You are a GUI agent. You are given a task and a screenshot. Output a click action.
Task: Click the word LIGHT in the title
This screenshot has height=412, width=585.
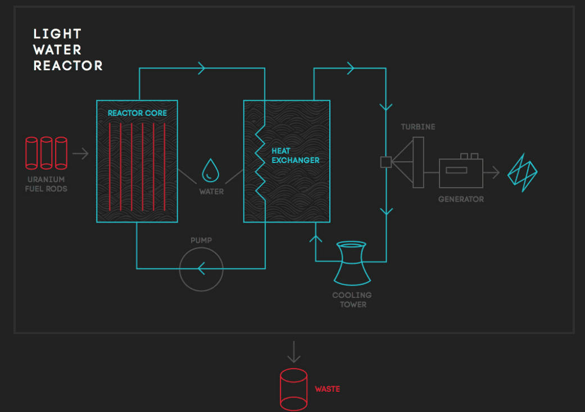pyautogui.click(x=57, y=34)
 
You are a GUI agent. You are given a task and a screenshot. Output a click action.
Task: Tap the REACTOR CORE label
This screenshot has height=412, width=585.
pyautogui.click(x=137, y=113)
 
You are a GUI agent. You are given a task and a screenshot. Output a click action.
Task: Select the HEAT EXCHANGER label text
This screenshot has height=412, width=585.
pyautogui.click(x=295, y=156)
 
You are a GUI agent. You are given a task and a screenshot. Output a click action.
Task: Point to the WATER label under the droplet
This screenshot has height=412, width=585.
pyautogui.click(x=211, y=192)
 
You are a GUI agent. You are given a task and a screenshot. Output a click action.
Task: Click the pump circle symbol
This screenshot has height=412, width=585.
pyautogui.click(x=201, y=269)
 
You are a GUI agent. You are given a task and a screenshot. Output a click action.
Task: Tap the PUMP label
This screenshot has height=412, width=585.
pyautogui.click(x=201, y=241)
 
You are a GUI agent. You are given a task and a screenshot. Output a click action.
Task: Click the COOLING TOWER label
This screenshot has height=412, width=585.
pyautogui.click(x=352, y=300)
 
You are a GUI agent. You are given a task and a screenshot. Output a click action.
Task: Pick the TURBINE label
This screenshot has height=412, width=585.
pyautogui.click(x=418, y=127)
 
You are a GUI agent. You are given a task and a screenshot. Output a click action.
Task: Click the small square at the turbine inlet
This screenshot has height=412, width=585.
pyautogui.click(x=386, y=162)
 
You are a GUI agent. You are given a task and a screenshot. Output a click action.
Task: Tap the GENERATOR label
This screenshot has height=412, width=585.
pyautogui.click(x=461, y=199)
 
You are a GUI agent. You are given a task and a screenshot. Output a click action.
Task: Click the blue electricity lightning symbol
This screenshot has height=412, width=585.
pyautogui.click(x=523, y=171)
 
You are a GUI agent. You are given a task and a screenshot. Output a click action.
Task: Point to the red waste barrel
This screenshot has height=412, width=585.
pyautogui.click(x=294, y=389)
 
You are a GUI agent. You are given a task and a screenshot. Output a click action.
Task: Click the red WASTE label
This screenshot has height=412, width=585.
pyautogui.click(x=327, y=389)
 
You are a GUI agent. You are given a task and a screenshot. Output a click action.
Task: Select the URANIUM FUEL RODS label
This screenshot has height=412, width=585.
pyautogui.click(x=46, y=184)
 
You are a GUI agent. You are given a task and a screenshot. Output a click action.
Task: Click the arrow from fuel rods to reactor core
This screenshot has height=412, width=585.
pyautogui.click(x=81, y=153)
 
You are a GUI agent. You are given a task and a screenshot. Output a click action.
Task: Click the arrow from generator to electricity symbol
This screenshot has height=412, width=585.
pyautogui.click(x=491, y=172)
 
